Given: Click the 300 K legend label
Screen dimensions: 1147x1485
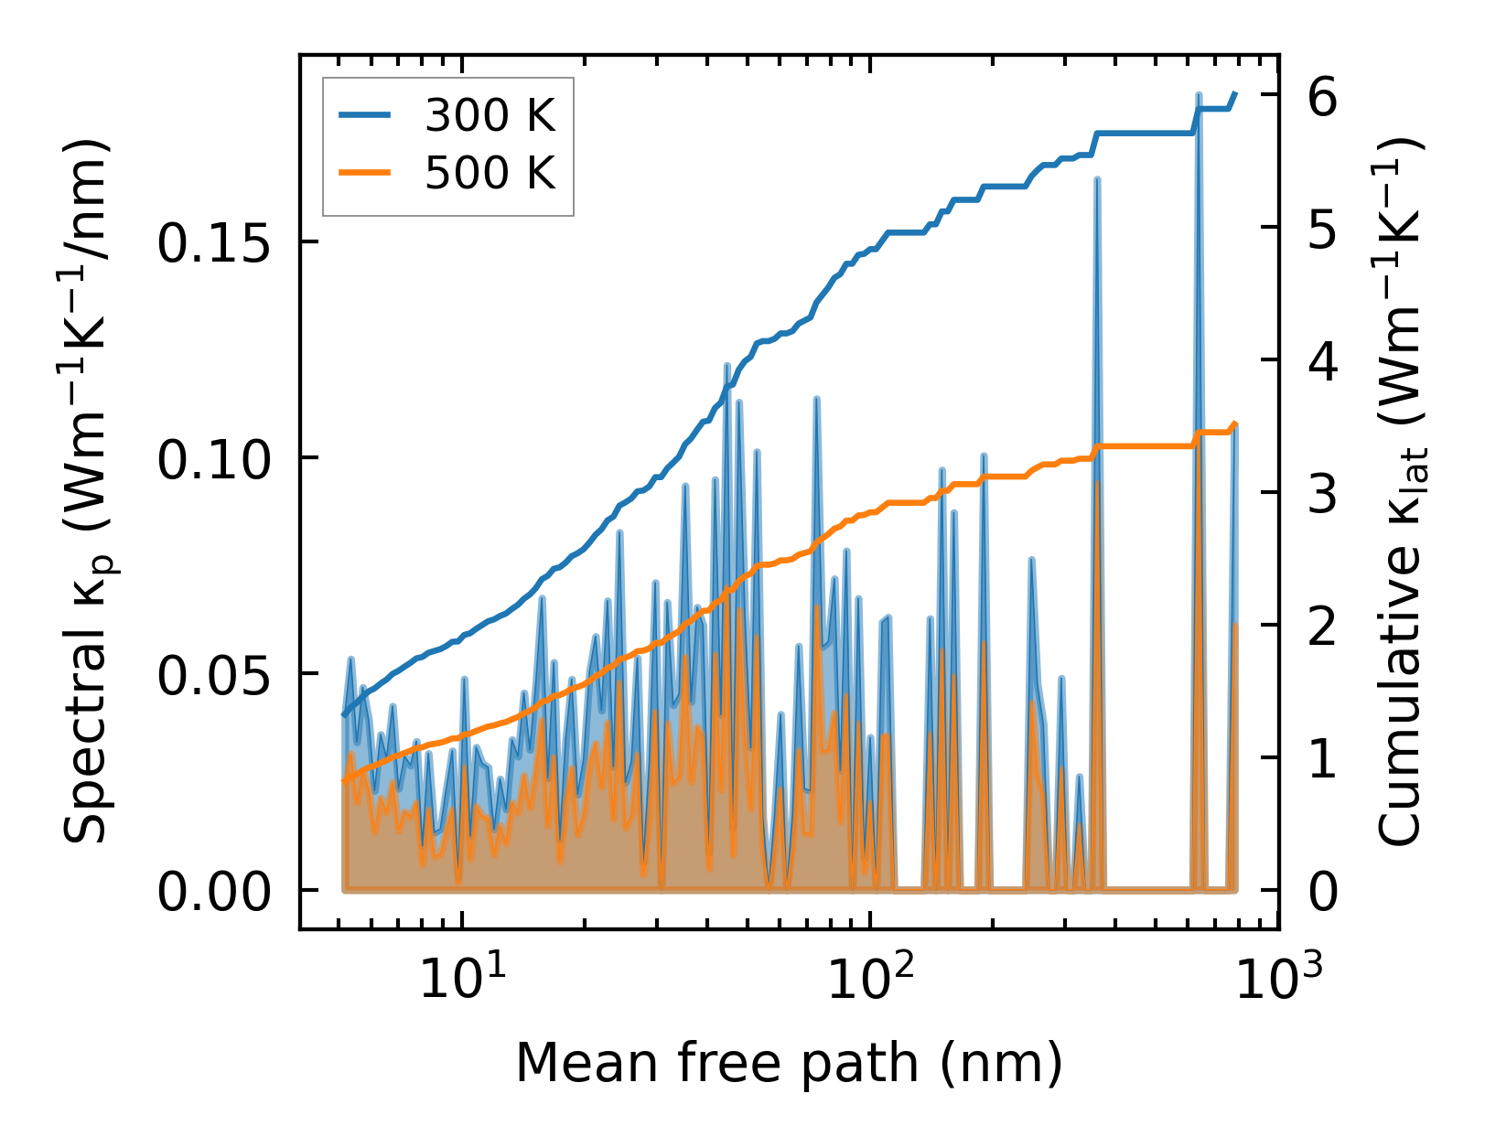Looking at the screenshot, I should (x=490, y=116).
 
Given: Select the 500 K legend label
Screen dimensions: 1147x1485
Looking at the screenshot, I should (x=490, y=172).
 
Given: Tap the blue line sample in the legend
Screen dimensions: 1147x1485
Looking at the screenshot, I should (x=365, y=115).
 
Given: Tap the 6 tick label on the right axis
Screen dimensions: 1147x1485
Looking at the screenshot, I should (x=1322, y=95).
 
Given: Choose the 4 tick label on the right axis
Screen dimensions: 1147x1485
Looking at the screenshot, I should (x=1322, y=360).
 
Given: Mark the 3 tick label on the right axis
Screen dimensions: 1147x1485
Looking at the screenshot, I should (x=1322, y=493).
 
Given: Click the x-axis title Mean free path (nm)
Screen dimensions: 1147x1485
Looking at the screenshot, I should (x=789, y=1063).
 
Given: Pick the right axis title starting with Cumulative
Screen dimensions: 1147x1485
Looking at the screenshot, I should (x=1401, y=492).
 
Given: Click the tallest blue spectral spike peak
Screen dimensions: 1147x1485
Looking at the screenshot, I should (x=1198, y=95).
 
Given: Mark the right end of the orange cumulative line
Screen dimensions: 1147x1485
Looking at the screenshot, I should (x=1236, y=423).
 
